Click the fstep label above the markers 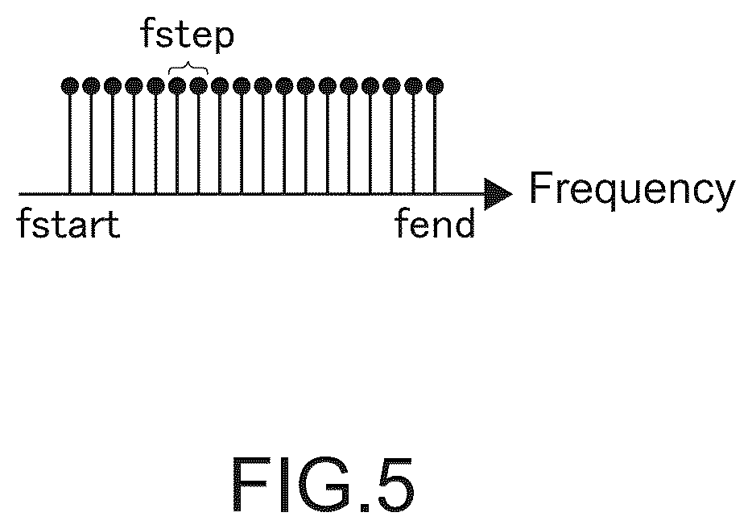click(187, 35)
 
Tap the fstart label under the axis click(68, 224)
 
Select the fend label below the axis click(435, 223)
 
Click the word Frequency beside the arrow click(632, 191)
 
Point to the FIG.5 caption click(323, 486)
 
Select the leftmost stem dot click(70, 86)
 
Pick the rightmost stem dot click(435, 86)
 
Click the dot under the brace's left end click(177, 86)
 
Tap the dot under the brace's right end click(199, 86)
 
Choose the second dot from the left click(91, 86)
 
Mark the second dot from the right click(413, 86)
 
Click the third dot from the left click(113, 86)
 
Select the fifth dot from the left click(156, 86)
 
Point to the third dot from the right click(392, 86)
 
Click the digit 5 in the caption click(395, 486)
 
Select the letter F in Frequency click(539, 188)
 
